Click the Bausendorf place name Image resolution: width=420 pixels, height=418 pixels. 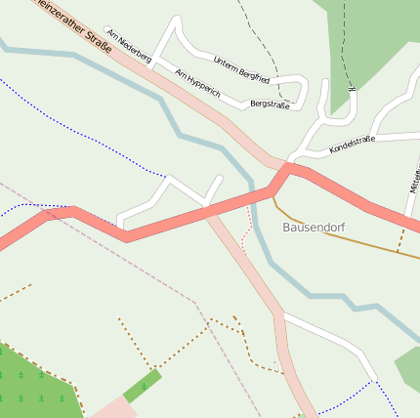coord(314,227)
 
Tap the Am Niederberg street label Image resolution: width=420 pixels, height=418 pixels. coord(129,46)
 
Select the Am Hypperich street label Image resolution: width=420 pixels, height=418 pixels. coord(198,87)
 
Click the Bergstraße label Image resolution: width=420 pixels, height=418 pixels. coord(270,104)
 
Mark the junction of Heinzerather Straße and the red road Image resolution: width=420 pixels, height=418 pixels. coord(286,167)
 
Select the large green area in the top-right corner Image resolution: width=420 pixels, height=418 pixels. coord(376,39)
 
